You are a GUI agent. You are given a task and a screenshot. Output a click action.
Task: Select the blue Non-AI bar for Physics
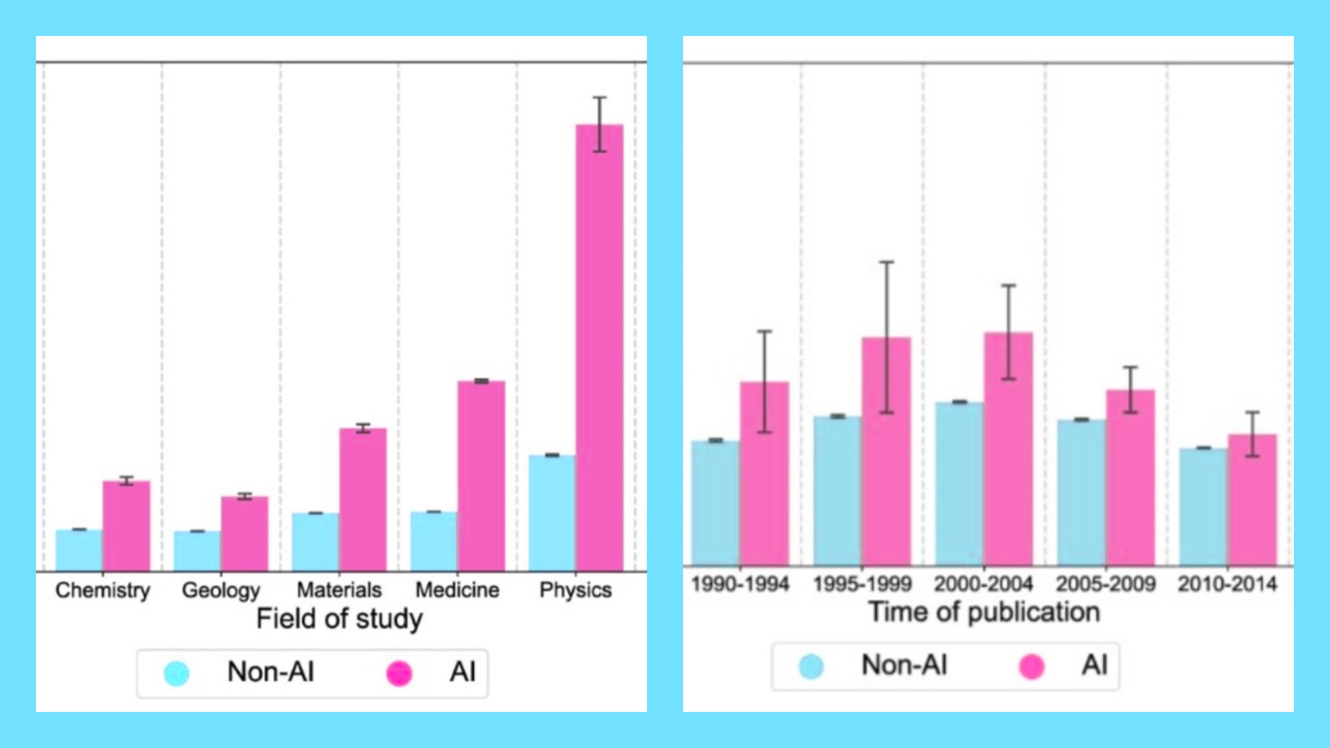pos(551,513)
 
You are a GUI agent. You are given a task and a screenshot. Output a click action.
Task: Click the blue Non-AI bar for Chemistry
pos(79,550)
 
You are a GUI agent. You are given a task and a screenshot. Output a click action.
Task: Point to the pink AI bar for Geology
pos(245,533)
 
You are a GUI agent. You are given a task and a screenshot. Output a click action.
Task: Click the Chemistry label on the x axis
pos(103,590)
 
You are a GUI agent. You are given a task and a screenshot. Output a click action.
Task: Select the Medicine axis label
pos(457,590)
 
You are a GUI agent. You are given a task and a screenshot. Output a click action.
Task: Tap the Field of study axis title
pos(339,618)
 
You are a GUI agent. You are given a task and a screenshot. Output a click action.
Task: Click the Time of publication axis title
pos(984,612)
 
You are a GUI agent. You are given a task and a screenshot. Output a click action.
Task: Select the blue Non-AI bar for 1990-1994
pos(716,503)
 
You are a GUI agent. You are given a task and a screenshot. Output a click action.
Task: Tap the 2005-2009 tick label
pos(1106,584)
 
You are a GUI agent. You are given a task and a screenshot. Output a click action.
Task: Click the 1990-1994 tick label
pos(740,584)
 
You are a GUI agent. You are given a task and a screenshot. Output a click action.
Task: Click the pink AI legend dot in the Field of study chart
pos(399,673)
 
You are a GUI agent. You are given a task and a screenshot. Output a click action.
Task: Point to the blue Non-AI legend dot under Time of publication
pos(811,666)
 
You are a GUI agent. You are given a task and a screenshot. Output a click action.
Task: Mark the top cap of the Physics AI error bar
pos(599,98)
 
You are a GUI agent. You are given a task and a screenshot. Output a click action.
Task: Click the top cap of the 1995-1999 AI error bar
pos(887,262)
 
